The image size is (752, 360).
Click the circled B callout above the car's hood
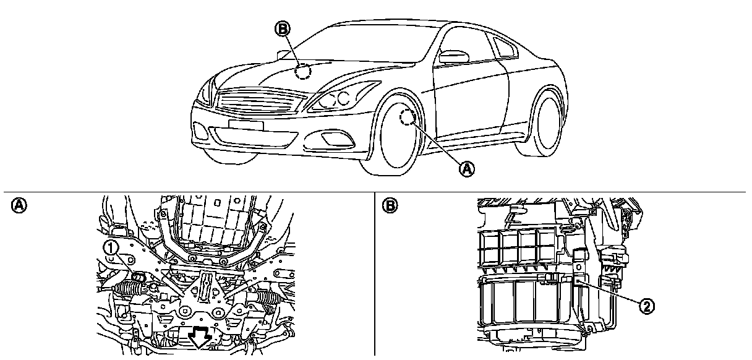282,28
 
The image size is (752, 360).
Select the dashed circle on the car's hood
302,72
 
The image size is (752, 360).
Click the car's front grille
259,101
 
